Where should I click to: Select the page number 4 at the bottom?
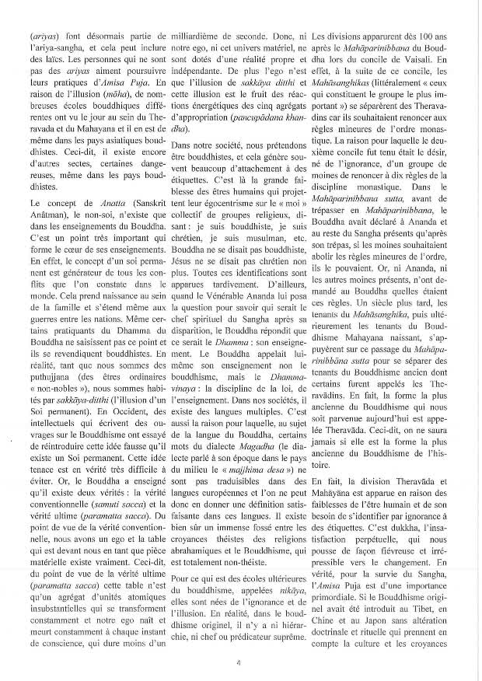pos(240,662)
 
